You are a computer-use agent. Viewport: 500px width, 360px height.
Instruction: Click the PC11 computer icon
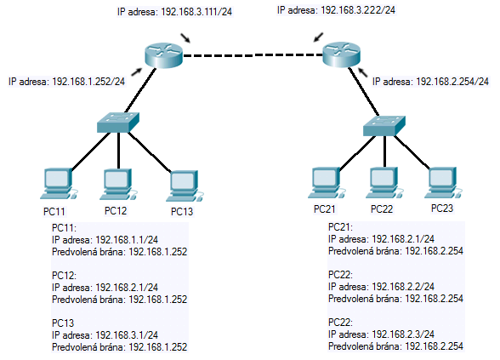pyautogui.click(x=59, y=184)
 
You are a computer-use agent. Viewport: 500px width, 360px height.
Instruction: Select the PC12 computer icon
pyautogui.click(x=118, y=184)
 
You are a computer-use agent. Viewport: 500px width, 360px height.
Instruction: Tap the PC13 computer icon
pyautogui.click(x=185, y=186)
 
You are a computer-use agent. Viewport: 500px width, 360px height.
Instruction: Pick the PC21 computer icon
pyautogui.click(x=327, y=182)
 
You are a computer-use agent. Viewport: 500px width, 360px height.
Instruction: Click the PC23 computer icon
pyautogui.click(x=443, y=182)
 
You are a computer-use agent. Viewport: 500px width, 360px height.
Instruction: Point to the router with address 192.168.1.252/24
pyautogui.click(x=163, y=55)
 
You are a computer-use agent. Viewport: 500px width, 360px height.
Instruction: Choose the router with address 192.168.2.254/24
pyautogui.click(x=342, y=54)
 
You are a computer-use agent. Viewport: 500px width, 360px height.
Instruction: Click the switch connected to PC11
pyautogui.click(x=118, y=123)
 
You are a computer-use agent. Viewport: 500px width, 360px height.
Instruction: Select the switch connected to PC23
pyautogui.click(x=384, y=126)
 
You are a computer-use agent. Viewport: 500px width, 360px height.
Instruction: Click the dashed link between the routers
pyautogui.click(x=253, y=55)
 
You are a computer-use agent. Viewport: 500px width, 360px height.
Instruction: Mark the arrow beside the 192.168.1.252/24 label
pyautogui.click(x=136, y=71)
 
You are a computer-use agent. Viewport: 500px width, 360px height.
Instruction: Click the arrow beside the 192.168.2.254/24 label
pyautogui.click(x=362, y=72)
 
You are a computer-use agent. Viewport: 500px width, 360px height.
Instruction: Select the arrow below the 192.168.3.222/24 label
pyautogui.click(x=318, y=37)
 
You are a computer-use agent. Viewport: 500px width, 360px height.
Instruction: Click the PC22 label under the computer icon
pyautogui.click(x=382, y=209)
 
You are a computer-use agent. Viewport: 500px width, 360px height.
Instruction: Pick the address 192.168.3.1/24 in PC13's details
pyautogui.click(x=127, y=334)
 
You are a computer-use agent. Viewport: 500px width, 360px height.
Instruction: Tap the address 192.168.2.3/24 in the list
pyautogui.click(x=403, y=334)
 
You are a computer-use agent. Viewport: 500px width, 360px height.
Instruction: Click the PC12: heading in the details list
pyautogui.click(x=64, y=276)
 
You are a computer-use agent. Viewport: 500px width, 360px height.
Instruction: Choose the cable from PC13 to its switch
pyautogui.click(x=149, y=151)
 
